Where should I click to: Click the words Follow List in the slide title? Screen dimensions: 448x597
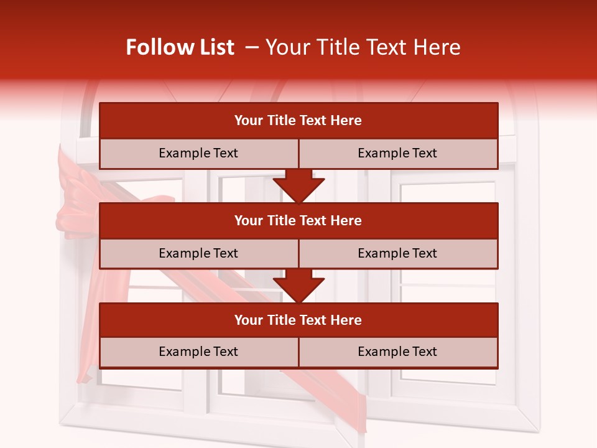[x=180, y=47]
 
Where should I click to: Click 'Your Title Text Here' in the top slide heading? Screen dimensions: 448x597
[x=363, y=47]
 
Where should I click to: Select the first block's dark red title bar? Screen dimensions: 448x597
[x=298, y=121]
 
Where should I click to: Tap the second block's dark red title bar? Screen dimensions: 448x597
[x=298, y=220]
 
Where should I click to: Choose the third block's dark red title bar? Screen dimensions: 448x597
[x=298, y=320]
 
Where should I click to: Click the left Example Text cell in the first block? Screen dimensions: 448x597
[x=198, y=153]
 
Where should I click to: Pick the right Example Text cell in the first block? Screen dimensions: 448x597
[x=397, y=153]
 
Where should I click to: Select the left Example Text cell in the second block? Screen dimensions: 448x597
[x=198, y=253]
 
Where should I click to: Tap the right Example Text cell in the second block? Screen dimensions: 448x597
[x=397, y=253]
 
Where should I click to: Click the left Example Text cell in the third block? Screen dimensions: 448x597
[x=198, y=352]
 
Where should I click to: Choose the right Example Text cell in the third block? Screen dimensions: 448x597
[x=397, y=352]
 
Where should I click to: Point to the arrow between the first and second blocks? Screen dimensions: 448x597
[x=298, y=186]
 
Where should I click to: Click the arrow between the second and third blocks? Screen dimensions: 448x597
[x=298, y=286]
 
